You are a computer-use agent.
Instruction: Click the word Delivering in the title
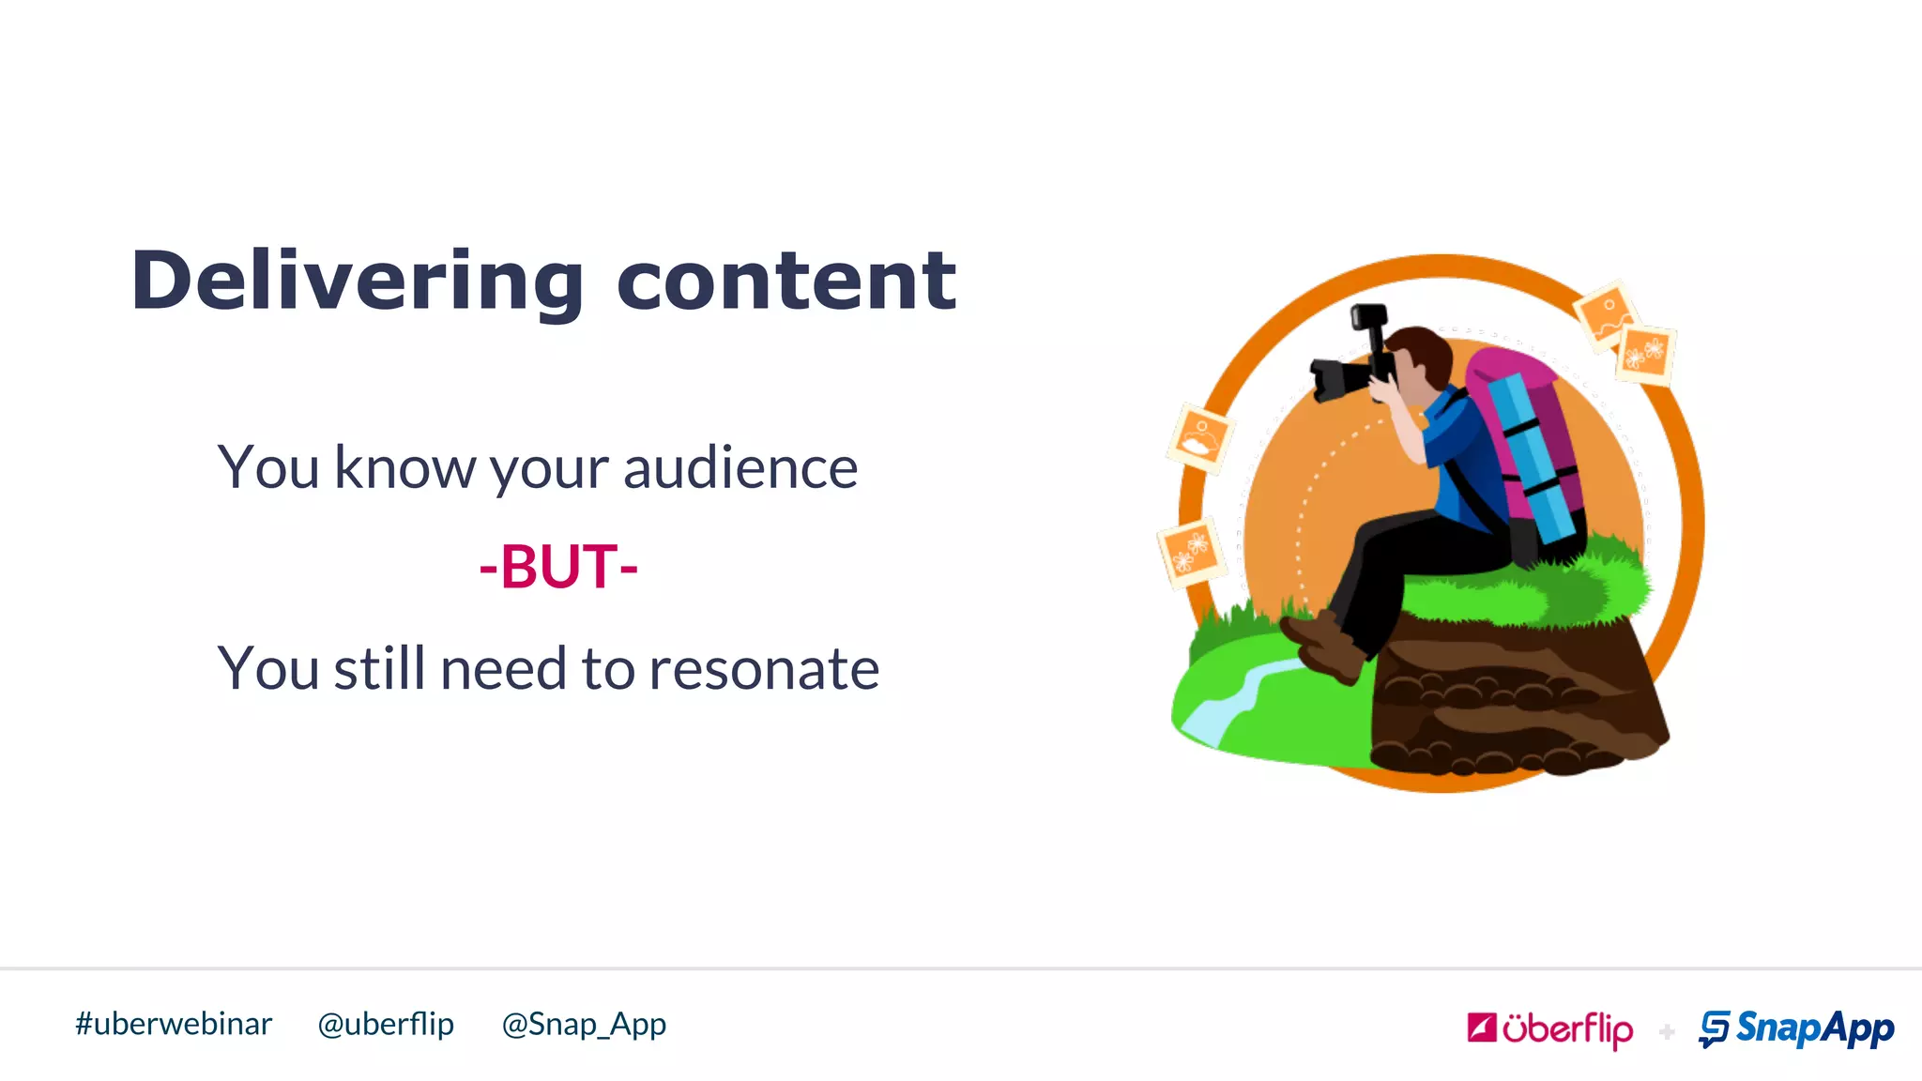[x=357, y=282]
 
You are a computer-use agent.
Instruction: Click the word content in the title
[x=786, y=282]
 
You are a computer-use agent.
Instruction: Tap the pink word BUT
[x=558, y=567]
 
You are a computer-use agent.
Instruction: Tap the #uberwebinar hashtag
[x=174, y=1024]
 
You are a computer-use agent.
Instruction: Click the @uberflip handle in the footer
[x=386, y=1024]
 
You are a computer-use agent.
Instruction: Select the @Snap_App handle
[x=584, y=1024]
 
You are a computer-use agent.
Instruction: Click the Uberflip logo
[x=1549, y=1029]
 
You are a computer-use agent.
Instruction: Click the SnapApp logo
[x=1796, y=1029]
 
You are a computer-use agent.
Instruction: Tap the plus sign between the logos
[x=1667, y=1032]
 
